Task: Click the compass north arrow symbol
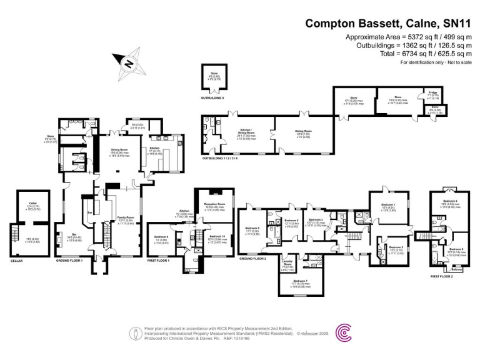tap(127, 62)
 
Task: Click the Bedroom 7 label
tap(301, 281)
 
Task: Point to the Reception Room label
tap(214, 204)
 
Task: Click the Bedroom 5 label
tap(252, 228)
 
